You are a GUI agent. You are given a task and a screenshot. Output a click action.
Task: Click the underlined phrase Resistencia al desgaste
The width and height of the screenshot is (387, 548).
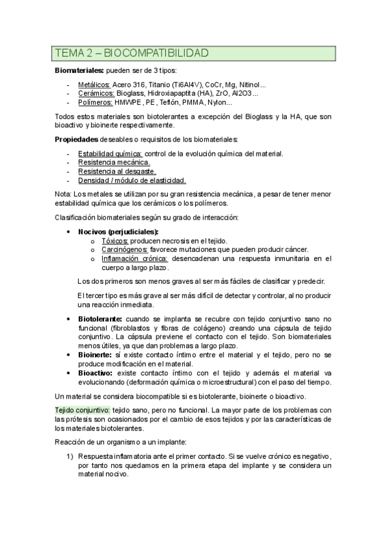point(117,171)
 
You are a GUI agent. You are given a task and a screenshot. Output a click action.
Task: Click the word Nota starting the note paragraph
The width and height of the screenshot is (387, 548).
point(63,194)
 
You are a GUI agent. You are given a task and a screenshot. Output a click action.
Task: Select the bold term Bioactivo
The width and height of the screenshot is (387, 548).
point(95,374)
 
